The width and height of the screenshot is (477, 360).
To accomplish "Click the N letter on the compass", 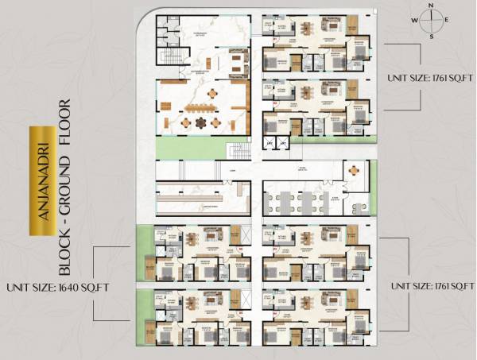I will tap(431, 5).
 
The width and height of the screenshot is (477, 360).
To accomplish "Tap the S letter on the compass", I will tap(431, 37).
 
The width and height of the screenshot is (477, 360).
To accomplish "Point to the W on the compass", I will tap(414, 21).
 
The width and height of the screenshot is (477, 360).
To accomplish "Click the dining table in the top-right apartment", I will tap(307, 29).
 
